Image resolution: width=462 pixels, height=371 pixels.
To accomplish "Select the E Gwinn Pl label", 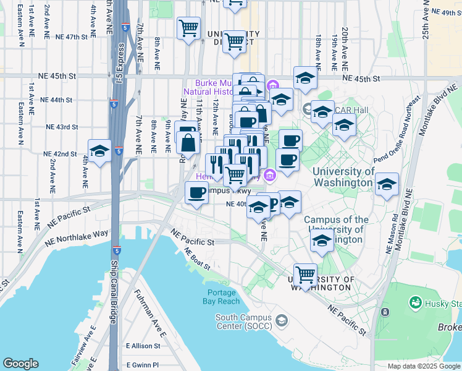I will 142,365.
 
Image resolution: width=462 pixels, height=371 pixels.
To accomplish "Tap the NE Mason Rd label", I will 390,235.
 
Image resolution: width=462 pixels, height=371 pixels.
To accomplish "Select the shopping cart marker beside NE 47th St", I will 188,27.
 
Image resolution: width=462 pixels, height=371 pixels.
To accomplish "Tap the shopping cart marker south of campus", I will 305,273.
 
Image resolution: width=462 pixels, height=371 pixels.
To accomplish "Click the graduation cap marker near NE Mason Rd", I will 387,184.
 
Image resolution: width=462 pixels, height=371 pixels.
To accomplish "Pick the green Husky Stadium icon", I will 415,303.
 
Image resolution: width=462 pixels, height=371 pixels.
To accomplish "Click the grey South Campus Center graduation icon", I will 282,320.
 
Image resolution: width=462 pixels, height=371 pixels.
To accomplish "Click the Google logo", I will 20,364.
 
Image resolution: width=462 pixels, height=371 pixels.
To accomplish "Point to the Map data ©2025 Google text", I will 423,366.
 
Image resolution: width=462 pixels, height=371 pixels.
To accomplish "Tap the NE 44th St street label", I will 57,100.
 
